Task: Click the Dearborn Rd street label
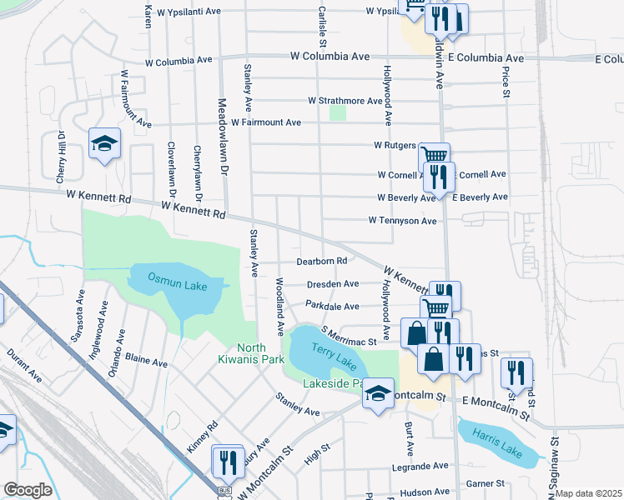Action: pos(322,261)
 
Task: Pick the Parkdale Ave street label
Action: pos(332,306)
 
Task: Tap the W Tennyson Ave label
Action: pos(403,221)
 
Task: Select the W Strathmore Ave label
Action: pos(345,101)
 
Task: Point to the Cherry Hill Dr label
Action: pos(61,157)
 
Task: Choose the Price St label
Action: pos(506,82)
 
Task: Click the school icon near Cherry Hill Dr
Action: pos(105,144)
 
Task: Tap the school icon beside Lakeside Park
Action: pos(378,393)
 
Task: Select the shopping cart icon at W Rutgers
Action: pos(434,156)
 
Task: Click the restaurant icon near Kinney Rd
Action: pos(227,461)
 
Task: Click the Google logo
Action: pos(28,489)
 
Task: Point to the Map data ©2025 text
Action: pos(588,493)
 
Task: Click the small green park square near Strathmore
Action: pos(337,112)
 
